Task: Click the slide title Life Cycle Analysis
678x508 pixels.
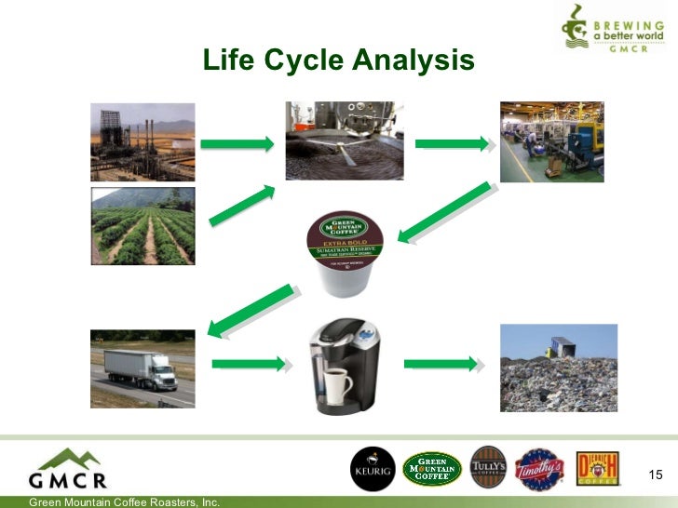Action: click(339, 61)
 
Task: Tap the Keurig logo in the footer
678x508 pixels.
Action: click(373, 469)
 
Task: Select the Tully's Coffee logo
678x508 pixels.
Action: click(489, 468)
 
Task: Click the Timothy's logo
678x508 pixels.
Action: click(540, 469)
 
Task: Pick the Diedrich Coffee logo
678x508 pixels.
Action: click(599, 468)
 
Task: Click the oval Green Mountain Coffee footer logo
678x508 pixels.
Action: click(431, 469)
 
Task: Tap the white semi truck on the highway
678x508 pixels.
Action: click(141, 368)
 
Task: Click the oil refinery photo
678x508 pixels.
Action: click(142, 140)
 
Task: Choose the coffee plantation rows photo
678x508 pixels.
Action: click(142, 226)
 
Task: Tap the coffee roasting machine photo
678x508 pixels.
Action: click(344, 140)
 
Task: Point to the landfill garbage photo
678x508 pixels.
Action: click(558, 368)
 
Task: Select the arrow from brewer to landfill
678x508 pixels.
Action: click(440, 363)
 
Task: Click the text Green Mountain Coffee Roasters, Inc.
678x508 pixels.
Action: click(125, 502)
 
